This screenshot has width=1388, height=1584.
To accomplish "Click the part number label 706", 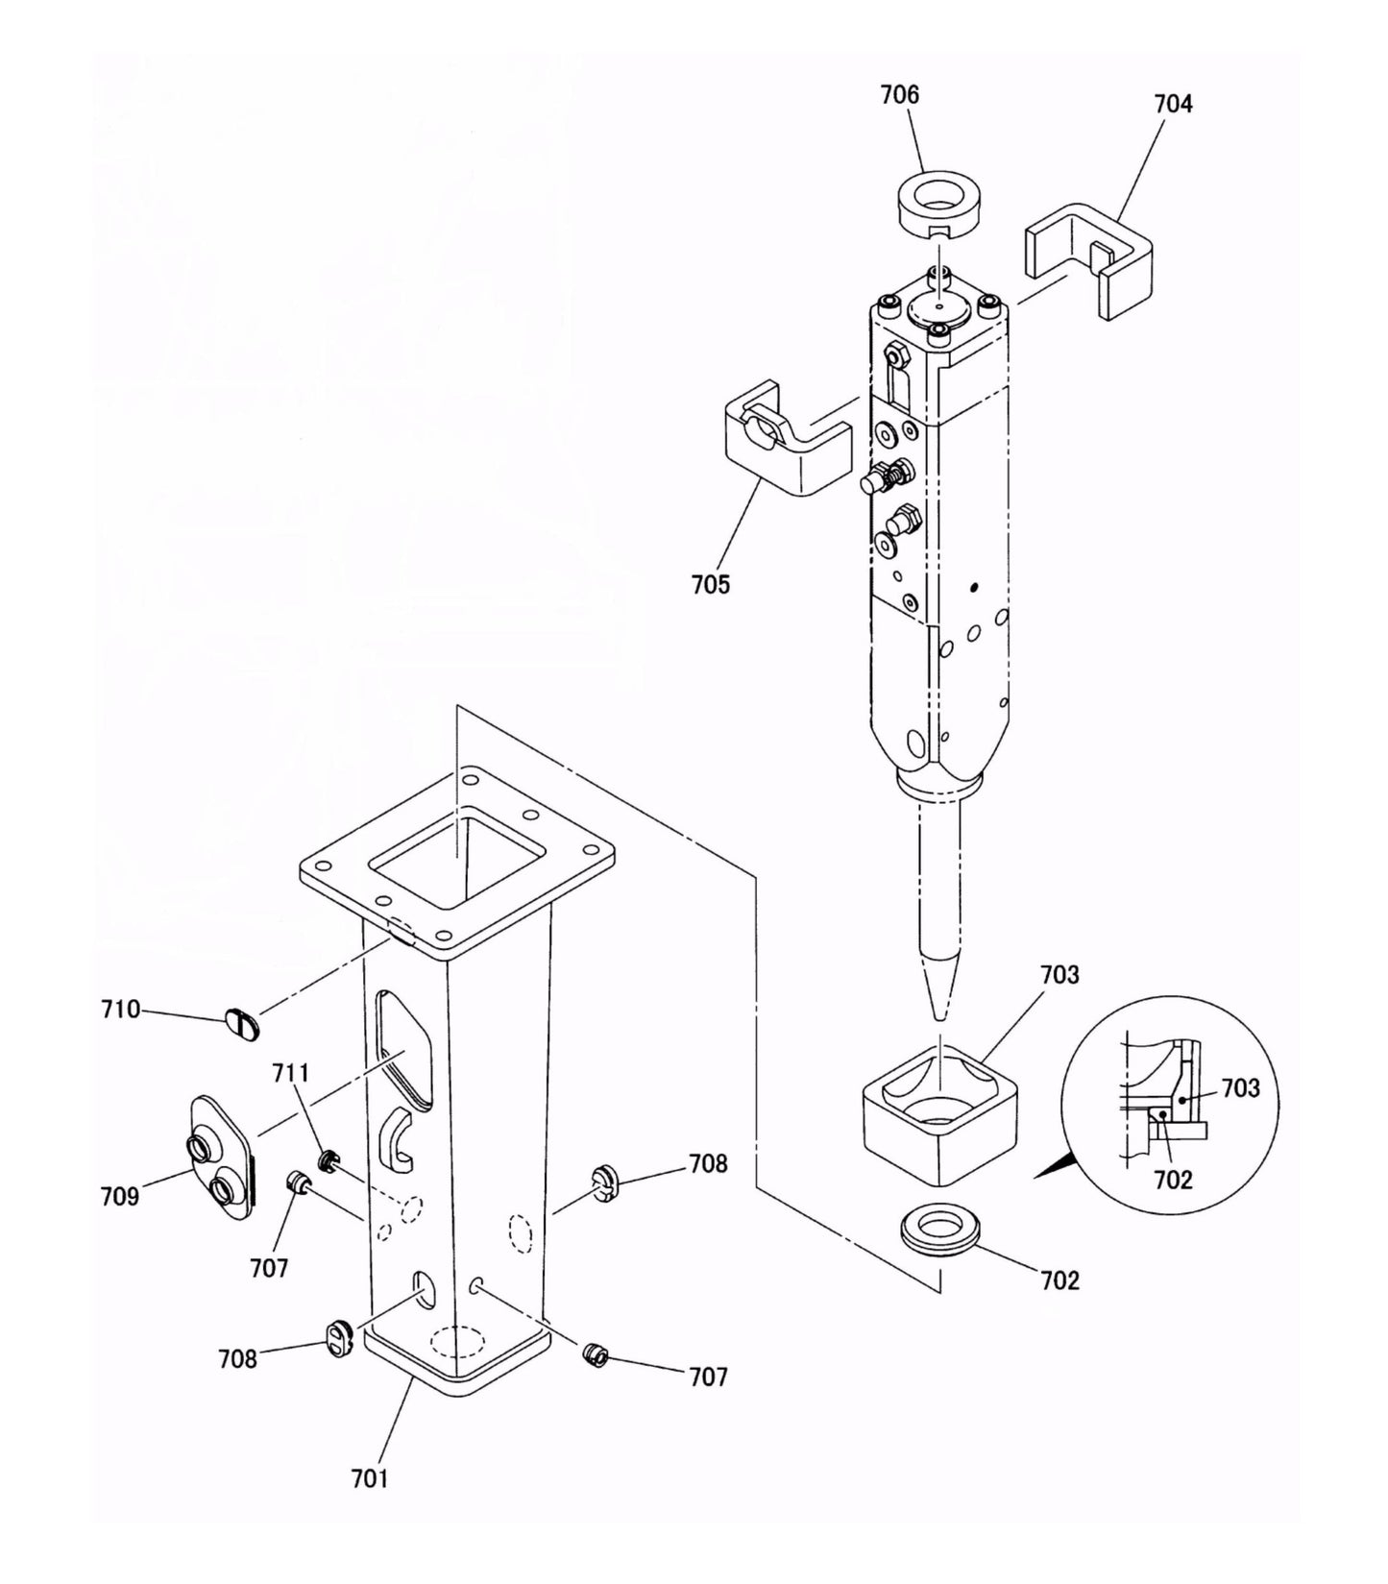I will tap(900, 95).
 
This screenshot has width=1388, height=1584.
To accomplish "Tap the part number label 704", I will tap(1173, 104).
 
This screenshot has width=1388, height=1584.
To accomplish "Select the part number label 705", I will tap(710, 584).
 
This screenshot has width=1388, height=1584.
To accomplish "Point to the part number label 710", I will tap(120, 1010).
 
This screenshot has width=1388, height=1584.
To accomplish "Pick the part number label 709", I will tap(120, 1196).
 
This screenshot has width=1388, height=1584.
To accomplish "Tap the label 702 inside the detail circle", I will tap(1173, 1180).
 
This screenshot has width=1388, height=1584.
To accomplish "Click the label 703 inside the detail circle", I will tap(1240, 1088).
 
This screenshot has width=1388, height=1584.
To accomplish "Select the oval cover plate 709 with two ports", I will tap(221, 1158).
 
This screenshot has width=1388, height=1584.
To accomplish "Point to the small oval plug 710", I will tap(242, 1025).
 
